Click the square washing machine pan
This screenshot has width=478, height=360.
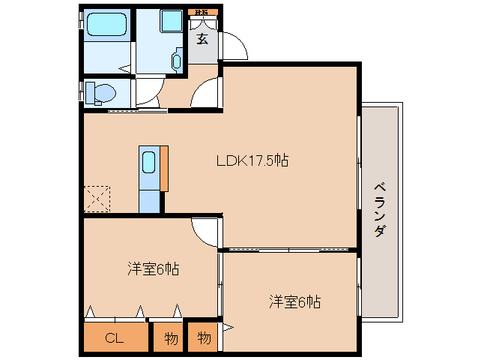click(x=172, y=21)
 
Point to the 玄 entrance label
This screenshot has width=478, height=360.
click(x=202, y=40)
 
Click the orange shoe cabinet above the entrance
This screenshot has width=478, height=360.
click(x=202, y=13)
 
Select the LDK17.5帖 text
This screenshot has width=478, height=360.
click(x=252, y=160)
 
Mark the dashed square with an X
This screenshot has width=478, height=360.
click(x=97, y=199)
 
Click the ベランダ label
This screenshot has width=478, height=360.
click(x=380, y=209)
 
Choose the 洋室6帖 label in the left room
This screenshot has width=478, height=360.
click(x=152, y=268)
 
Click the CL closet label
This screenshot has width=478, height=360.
click(x=114, y=338)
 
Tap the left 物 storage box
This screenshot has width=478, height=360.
click(x=171, y=338)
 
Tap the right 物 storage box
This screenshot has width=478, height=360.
click(x=204, y=338)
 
